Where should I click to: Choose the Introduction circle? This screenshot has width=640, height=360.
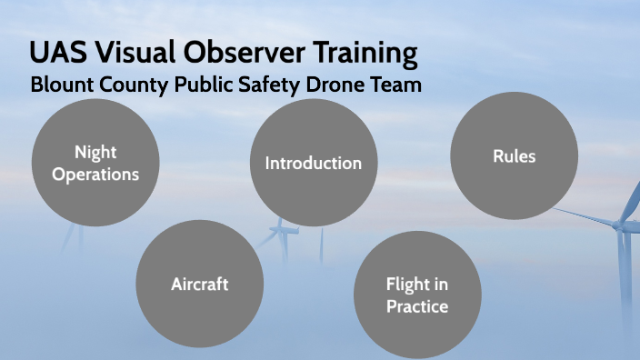coord(313,163)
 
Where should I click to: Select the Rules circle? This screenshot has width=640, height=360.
coord(514,155)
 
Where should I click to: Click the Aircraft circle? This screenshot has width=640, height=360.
coord(199,284)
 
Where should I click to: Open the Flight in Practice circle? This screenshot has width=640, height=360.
coord(416,295)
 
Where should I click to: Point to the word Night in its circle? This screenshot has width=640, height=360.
coord(95,152)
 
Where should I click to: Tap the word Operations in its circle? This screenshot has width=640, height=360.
coord(95,173)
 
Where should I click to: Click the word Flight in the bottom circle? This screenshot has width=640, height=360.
coord(416,285)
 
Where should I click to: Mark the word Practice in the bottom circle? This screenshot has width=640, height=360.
coord(416,306)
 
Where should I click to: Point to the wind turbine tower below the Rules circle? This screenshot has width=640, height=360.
coord(624,273)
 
